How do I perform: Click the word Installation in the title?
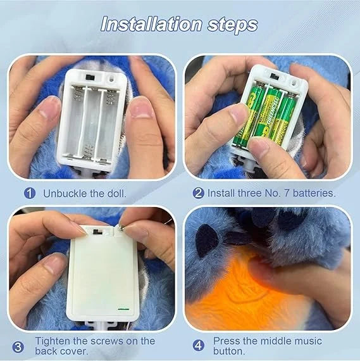[151, 24]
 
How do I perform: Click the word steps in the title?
[232, 25]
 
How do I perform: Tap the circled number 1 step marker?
[30, 193]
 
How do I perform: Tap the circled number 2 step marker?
[198, 193]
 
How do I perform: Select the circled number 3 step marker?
[18, 346]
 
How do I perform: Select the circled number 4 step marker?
[198, 346]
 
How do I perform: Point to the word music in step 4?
[306, 341]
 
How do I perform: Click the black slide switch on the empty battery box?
[89, 77]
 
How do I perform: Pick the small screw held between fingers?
[121, 228]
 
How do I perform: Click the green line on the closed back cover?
[123, 309]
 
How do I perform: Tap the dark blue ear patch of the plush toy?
[206, 240]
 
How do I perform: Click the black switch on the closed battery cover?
[97, 232]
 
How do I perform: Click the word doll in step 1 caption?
[117, 193]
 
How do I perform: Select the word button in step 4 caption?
[229, 351]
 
